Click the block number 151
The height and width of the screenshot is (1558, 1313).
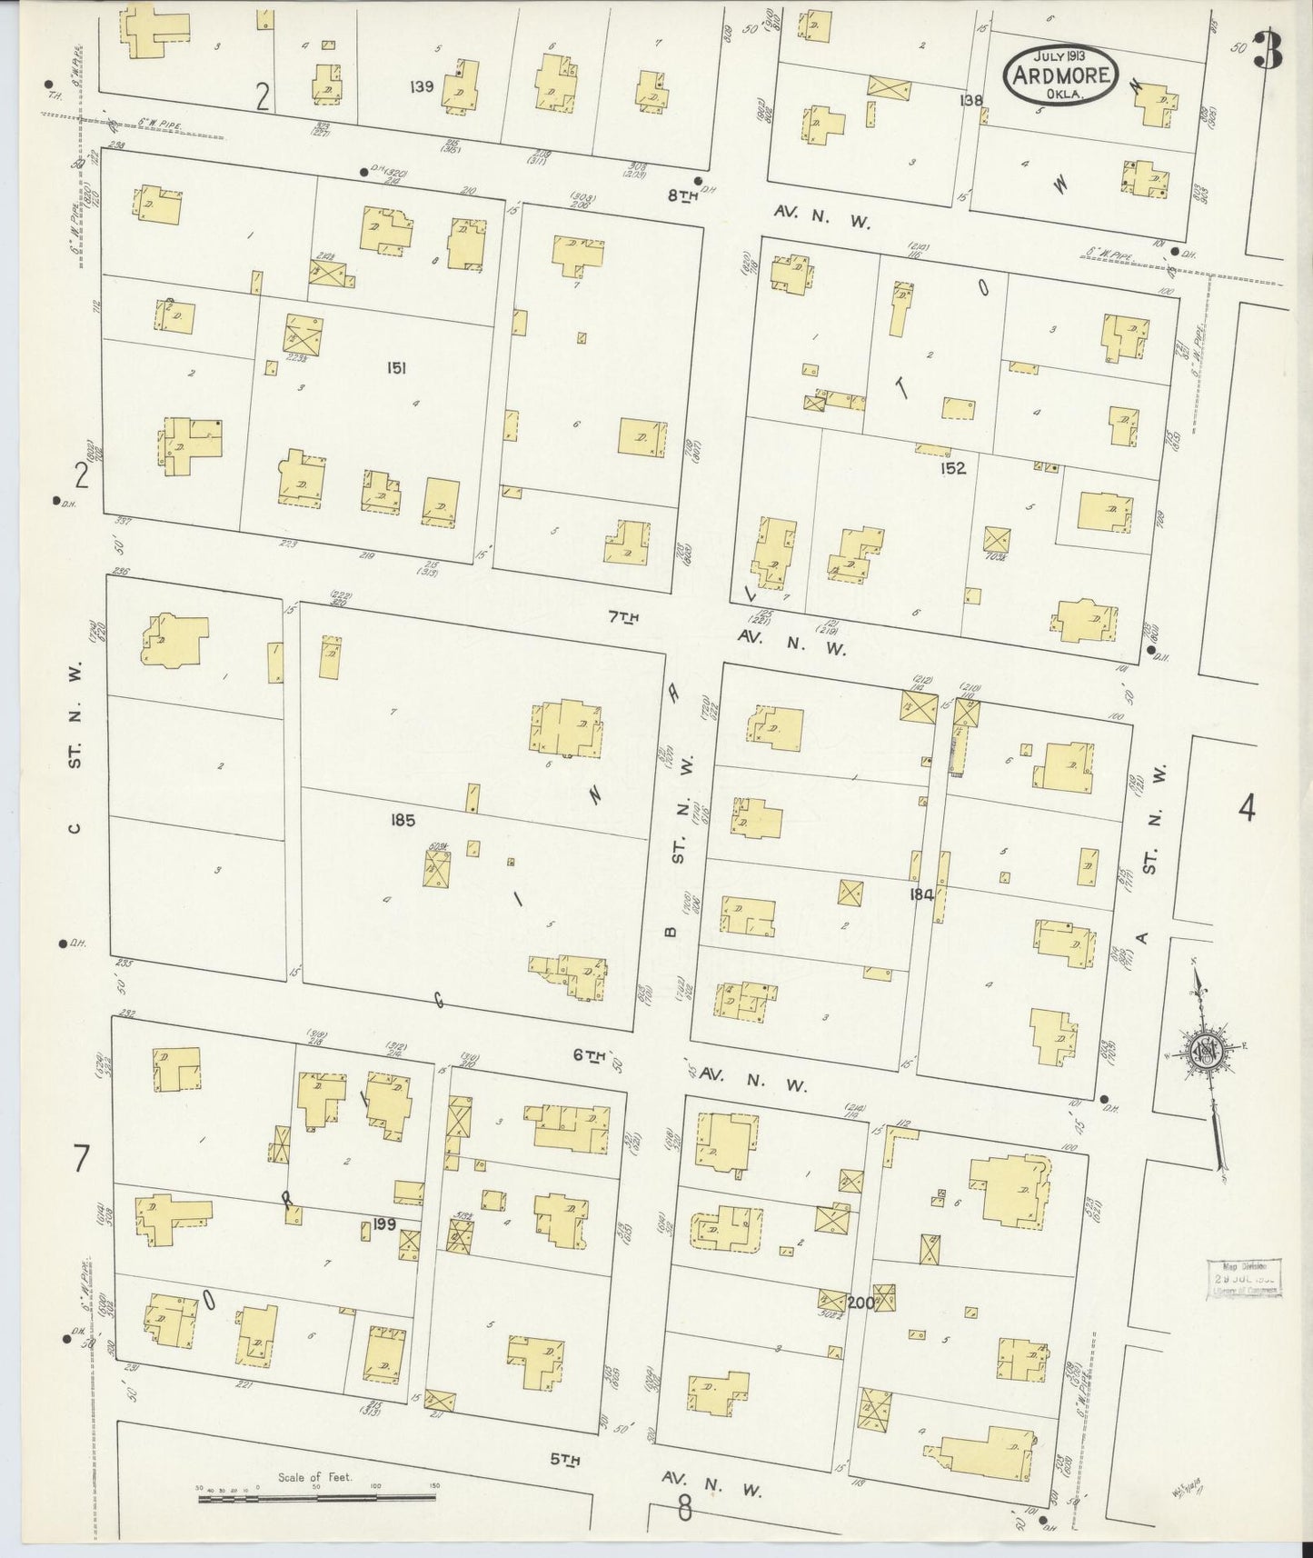click(395, 368)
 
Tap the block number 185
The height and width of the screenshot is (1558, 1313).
click(403, 820)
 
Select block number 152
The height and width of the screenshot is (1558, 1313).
click(953, 469)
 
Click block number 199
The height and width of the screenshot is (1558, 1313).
click(384, 1224)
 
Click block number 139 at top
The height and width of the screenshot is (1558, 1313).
click(422, 87)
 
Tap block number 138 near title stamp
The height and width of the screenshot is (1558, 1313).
click(970, 101)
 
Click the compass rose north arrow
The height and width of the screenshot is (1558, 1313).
click(1209, 1053)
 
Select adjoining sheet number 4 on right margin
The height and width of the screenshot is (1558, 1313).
click(1247, 807)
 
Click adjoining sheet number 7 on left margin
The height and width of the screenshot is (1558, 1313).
click(82, 1159)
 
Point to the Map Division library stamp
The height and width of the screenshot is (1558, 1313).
click(1244, 1279)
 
